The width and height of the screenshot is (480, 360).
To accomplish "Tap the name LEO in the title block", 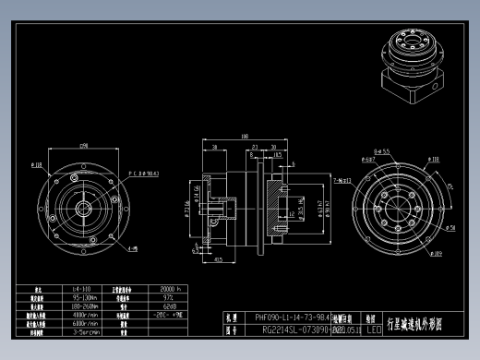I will tap(373, 328).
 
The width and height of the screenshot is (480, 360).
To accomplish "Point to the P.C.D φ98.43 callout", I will tap(143, 172).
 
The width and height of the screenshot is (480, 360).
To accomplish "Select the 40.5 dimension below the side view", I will tap(217, 260).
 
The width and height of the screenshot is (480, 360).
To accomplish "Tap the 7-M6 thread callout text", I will tap(341, 181).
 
